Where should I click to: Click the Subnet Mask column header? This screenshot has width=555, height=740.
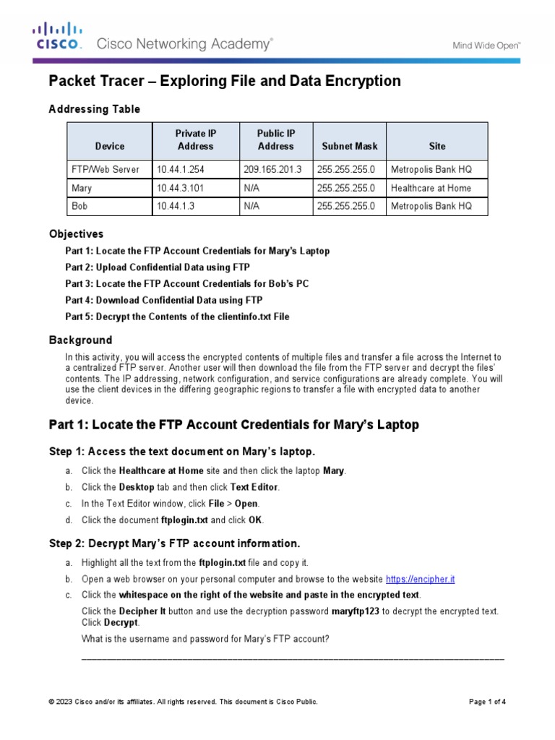point(350,146)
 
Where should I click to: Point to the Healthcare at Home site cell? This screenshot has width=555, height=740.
point(431,188)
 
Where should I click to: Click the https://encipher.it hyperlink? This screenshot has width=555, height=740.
point(421,579)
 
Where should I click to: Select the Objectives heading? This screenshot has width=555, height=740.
point(76,234)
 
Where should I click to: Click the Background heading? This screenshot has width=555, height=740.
point(80,340)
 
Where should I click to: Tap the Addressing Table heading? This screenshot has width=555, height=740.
point(94,109)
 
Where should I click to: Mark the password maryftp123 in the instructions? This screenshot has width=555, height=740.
point(356,611)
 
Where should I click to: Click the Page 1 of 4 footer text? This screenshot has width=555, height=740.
point(487,702)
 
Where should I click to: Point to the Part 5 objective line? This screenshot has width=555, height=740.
point(177,317)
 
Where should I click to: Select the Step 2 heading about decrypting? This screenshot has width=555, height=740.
point(174,543)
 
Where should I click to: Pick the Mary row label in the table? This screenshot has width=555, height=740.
point(82,188)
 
